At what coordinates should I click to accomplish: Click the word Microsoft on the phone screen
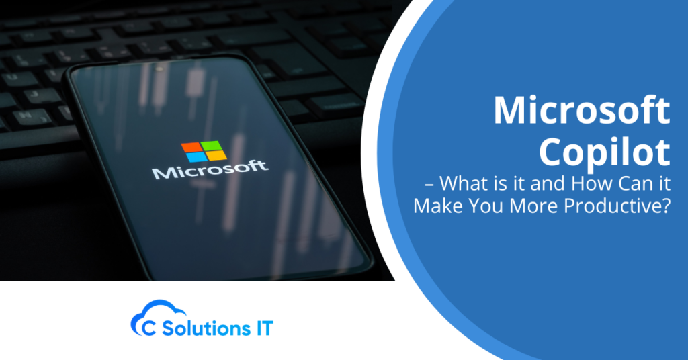point(210,170)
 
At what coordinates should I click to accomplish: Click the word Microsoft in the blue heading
point(582,111)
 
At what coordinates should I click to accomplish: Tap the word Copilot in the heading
point(605,152)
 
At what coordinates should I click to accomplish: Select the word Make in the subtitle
point(435,206)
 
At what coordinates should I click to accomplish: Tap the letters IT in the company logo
point(263,328)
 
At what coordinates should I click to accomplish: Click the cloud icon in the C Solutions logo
point(148,316)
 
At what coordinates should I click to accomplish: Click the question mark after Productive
point(665,206)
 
